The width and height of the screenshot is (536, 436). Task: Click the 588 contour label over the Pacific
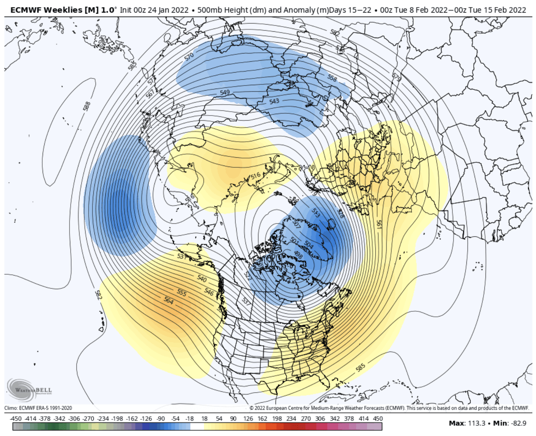point(87,106)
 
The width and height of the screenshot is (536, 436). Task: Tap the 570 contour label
point(189,57)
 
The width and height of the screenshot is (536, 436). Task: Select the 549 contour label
point(225,92)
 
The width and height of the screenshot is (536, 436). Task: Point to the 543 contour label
point(274,101)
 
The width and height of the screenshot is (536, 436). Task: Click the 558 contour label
point(332,78)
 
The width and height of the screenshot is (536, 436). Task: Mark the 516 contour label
point(255,176)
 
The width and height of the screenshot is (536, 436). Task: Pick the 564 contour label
point(169,300)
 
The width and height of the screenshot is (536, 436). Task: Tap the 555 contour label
point(182,292)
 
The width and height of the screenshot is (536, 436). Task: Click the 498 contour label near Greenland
point(298,254)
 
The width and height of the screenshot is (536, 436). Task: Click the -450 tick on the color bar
point(16,419)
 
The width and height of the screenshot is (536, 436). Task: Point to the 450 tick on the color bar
point(378,419)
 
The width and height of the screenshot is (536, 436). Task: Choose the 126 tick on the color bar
point(248,419)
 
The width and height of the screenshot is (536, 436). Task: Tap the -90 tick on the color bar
point(160,419)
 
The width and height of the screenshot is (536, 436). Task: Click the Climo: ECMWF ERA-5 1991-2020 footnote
point(38,408)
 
